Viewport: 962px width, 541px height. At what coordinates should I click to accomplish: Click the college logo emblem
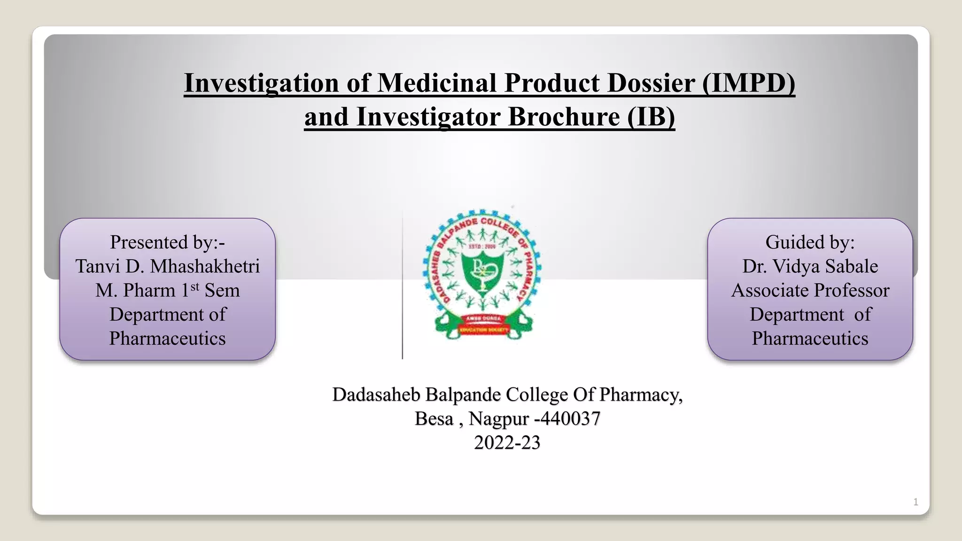[x=482, y=275]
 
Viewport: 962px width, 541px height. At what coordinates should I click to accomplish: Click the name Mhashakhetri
[x=205, y=266]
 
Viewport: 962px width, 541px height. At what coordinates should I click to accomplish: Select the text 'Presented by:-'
[x=167, y=242]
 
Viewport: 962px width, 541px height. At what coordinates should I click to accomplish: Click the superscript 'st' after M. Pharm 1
[x=194, y=286]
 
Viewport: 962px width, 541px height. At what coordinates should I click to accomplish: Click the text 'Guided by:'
[x=810, y=242]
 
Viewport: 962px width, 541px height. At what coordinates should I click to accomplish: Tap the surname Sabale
[x=851, y=266]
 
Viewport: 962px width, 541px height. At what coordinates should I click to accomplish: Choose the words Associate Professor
[x=810, y=290]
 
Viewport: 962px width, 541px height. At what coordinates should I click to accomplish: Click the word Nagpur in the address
[x=498, y=418]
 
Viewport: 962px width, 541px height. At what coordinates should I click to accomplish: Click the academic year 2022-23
[x=507, y=442]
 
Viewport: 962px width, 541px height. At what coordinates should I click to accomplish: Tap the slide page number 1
[x=915, y=502]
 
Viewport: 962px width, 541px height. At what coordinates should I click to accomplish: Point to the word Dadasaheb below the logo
[x=376, y=394]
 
